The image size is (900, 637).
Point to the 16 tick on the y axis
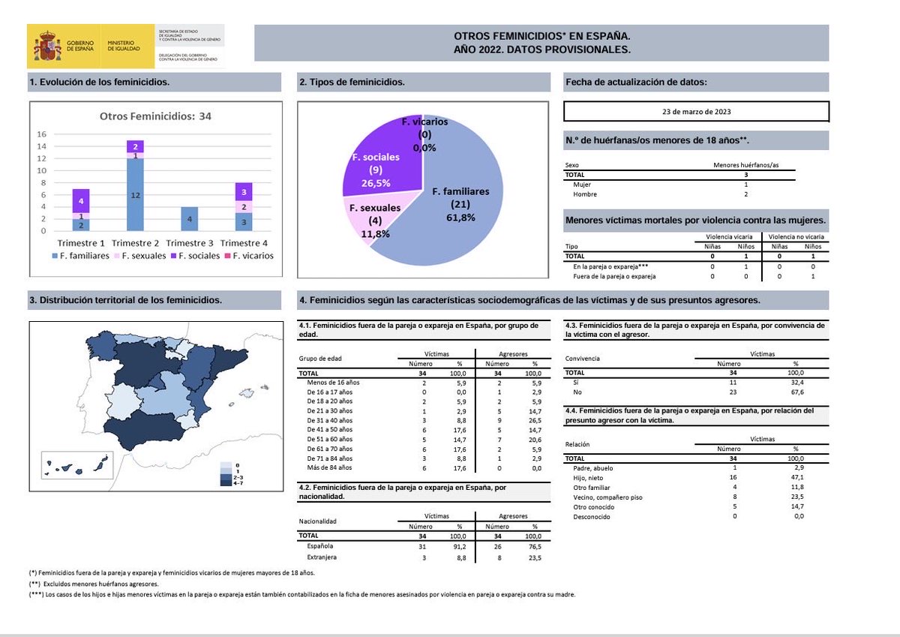42,134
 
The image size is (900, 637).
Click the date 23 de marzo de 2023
696,112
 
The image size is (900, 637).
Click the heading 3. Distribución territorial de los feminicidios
125,300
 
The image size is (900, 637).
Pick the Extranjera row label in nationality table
324,557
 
